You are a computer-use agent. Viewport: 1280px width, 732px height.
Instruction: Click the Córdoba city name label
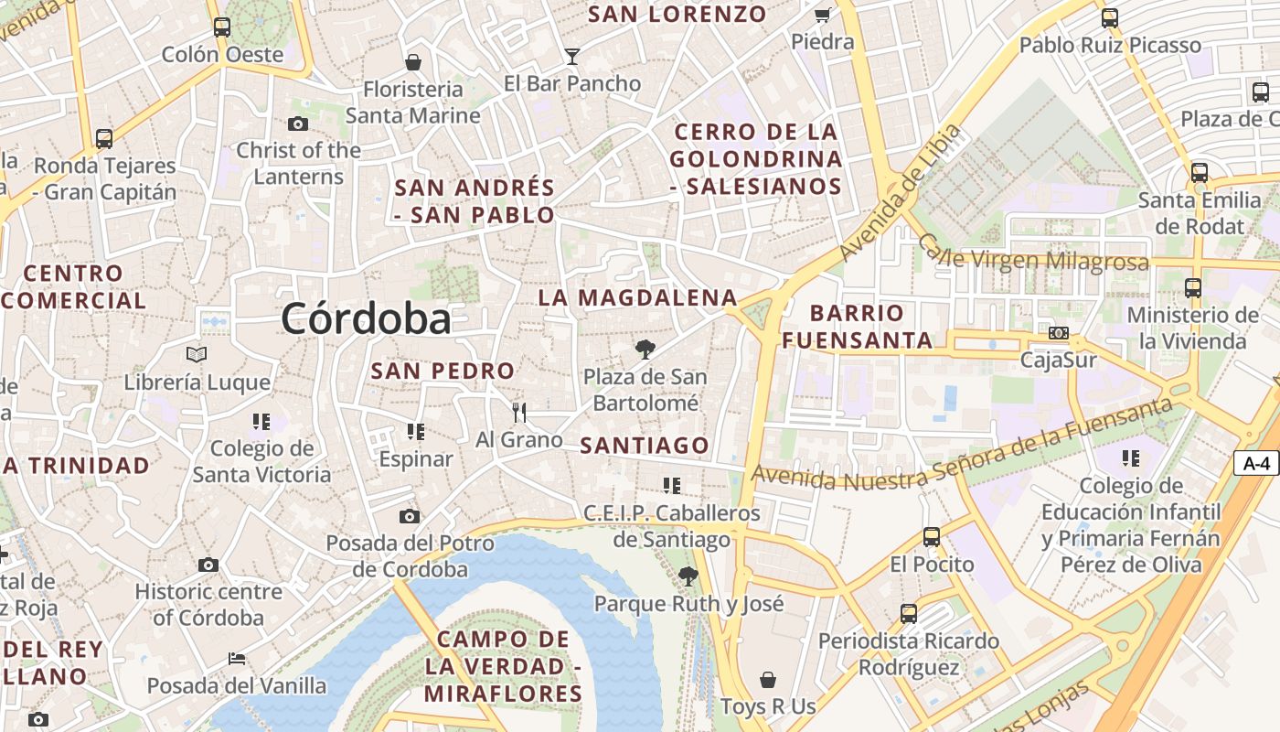tap(366, 319)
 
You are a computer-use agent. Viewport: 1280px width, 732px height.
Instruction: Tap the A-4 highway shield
tap(1258, 463)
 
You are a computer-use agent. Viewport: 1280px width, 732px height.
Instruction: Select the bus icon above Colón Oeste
tap(222, 27)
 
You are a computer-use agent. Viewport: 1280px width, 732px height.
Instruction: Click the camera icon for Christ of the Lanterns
tap(297, 124)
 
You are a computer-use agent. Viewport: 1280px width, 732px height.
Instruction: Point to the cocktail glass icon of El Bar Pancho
tap(572, 57)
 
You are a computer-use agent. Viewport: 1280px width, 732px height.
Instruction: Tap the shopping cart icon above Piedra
tap(822, 15)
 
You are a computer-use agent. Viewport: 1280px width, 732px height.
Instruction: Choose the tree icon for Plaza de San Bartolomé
tap(645, 349)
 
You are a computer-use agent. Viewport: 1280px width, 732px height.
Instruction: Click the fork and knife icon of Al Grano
tap(519, 413)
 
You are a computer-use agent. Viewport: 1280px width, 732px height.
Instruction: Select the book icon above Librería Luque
tap(197, 355)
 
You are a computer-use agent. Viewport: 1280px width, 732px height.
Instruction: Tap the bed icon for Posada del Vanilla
tap(236, 658)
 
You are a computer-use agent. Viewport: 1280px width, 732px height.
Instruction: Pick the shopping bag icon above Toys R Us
tap(768, 680)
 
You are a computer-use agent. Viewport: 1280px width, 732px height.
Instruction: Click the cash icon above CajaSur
tap(1059, 333)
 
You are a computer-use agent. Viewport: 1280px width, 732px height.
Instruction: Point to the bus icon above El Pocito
tap(932, 537)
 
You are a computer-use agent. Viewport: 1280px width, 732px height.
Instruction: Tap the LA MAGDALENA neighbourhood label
tap(637, 297)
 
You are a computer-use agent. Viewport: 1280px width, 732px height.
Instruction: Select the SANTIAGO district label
tap(645, 446)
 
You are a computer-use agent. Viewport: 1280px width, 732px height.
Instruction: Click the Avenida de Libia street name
tap(901, 193)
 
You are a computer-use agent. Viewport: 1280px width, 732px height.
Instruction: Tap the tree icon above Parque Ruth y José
tap(688, 576)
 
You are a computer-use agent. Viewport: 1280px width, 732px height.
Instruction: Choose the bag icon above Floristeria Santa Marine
tap(413, 62)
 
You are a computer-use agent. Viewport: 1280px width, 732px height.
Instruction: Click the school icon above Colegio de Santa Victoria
tap(261, 422)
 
